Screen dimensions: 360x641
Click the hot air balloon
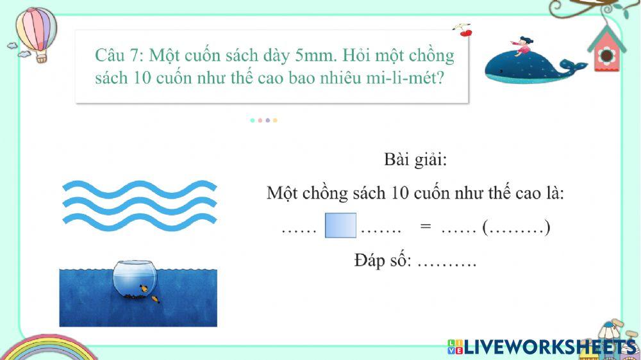(x=37, y=31)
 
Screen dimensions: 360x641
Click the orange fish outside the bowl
(x=155, y=299)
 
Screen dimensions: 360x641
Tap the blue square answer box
(x=340, y=225)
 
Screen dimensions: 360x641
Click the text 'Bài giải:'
(x=415, y=159)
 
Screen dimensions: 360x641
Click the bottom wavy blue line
(x=139, y=222)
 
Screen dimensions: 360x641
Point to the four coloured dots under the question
(x=263, y=120)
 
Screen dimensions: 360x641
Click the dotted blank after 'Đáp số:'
(x=447, y=263)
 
